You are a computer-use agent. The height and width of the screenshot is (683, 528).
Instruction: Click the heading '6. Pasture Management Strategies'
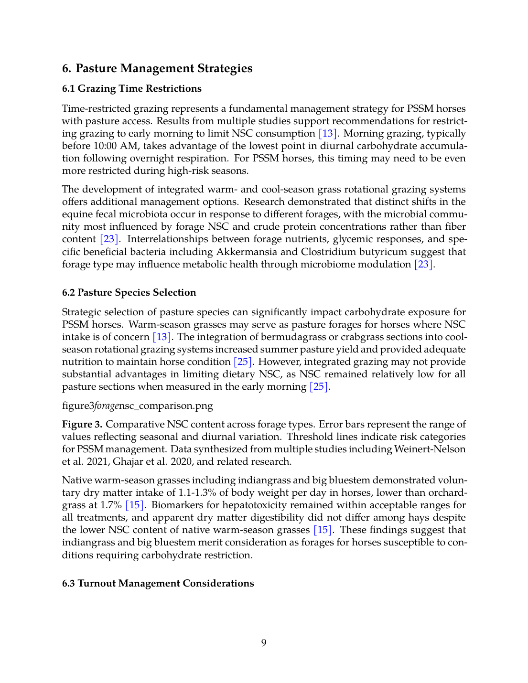pyautogui.click(x=157, y=68)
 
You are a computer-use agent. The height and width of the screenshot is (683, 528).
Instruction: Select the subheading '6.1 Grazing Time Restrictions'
pyautogui.click(x=131, y=89)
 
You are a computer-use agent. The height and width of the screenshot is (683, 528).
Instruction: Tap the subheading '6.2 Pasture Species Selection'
pyautogui.click(x=129, y=293)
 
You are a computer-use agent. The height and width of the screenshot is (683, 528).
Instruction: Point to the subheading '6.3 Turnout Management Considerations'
pyautogui.click(x=158, y=584)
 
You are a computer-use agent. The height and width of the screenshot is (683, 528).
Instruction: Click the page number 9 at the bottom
pyautogui.click(x=264, y=643)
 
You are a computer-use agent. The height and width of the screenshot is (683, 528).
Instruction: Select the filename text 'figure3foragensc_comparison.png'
pyautogui.click(x=138, y=406)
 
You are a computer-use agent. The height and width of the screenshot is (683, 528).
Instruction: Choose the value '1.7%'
pyautogui.click(x=111, y=505)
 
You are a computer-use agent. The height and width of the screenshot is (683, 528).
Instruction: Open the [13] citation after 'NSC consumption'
pyautogui.click(x=328, y=134)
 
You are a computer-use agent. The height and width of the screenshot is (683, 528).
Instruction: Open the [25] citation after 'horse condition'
pyautogui.click(x=243, y=362)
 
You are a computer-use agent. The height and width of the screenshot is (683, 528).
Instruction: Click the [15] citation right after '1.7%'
pyautogui.click(x=134, y=505)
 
